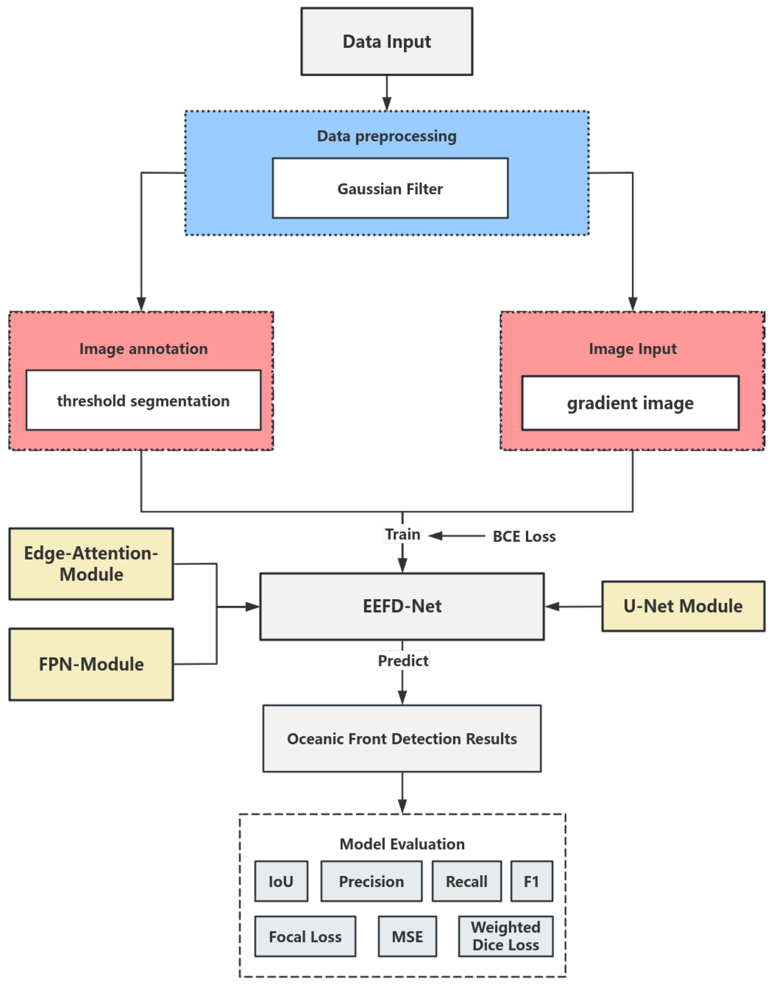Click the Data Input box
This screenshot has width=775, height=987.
387,41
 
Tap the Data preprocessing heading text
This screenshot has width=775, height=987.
387,136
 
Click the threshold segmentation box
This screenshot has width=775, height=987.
143,400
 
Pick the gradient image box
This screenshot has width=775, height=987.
630,403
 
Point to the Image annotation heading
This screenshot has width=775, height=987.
143,349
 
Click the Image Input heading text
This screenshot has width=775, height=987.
633,349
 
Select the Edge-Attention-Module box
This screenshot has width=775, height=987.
91,564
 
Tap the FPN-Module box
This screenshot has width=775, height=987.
91,664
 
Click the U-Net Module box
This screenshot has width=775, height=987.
683,606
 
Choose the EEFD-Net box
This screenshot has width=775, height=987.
402,606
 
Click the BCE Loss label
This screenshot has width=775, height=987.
524,536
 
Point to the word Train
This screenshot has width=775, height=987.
403,534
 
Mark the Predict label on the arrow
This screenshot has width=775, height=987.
403,661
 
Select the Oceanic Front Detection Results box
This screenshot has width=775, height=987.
402,739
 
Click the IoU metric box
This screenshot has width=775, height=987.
281,881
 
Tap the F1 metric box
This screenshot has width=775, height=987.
531,881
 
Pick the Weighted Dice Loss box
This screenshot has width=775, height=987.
506,936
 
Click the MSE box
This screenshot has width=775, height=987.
407,937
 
